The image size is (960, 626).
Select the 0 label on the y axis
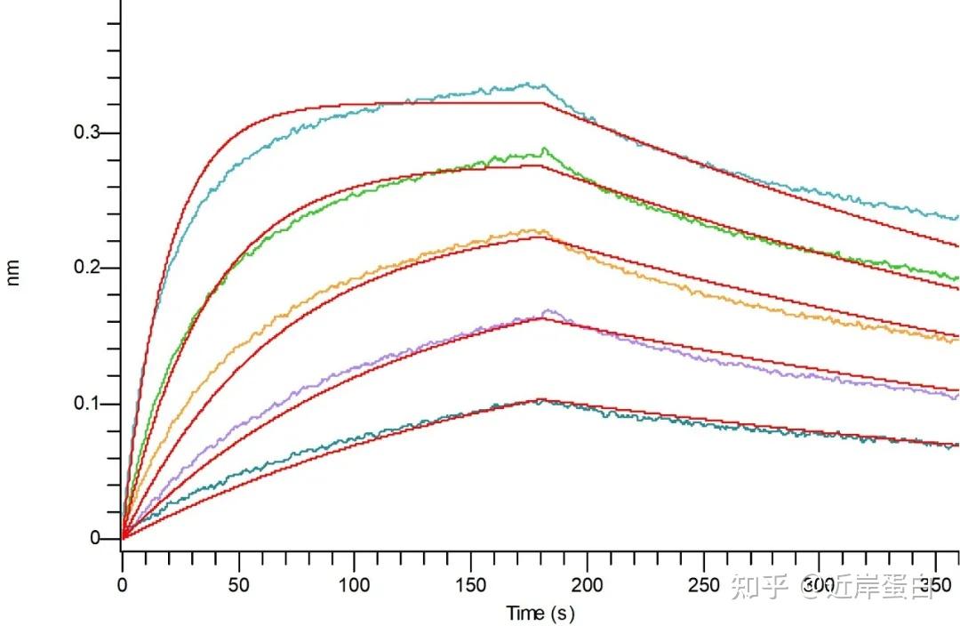[x=94, y=539]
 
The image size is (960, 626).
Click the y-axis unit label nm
[x=13, y=276]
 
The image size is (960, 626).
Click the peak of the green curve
[x=543, y=148]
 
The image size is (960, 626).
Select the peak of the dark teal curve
[x=539, y=401]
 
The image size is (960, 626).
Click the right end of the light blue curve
[x=956, y=217]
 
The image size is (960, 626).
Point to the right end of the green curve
[x=956, y=278]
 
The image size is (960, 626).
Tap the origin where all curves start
[x=123, y=538]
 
